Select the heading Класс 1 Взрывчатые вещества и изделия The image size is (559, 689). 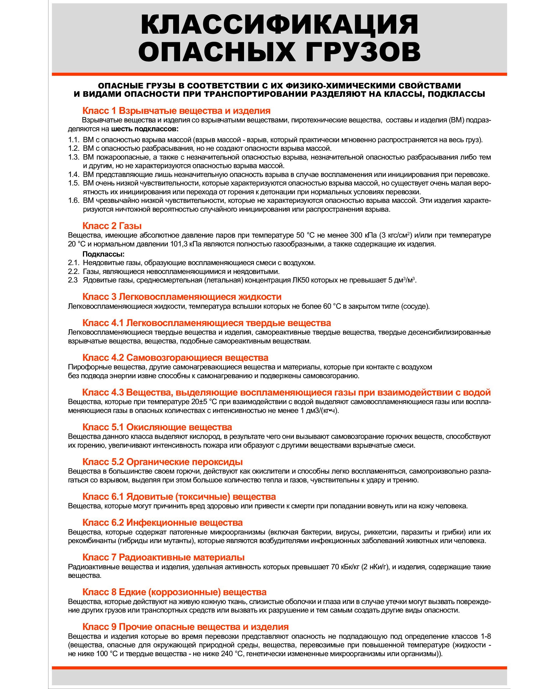[176, 111]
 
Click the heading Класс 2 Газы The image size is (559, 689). [112, 226]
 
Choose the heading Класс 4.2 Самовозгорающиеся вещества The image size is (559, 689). [175, 357]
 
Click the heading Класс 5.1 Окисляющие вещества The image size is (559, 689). [157, 427]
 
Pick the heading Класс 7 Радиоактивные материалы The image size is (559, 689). [163, 557]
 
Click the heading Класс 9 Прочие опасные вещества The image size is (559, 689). [185, 627]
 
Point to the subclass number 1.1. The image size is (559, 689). [73, 140]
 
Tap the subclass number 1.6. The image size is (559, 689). [73, 201]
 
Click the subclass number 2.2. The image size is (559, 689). [73, 272]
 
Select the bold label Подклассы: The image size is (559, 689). [103, 254]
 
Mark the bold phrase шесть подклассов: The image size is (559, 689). [144, 129]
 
